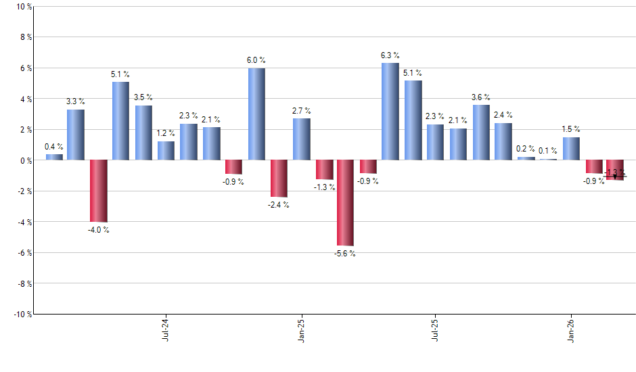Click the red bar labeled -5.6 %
345,203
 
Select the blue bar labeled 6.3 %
390,112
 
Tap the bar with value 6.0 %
256,114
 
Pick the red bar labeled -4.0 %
98,191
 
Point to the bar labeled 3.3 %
76,135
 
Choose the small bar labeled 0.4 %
54,157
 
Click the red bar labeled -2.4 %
278,179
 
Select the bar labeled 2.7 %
301,139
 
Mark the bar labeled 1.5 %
571,149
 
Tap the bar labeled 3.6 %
481,133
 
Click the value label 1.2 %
166,134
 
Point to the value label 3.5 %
143,97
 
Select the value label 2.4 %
503,115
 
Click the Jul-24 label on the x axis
166,329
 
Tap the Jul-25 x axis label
435,329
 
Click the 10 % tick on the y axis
23,7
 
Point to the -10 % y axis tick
22,314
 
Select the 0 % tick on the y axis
25,160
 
